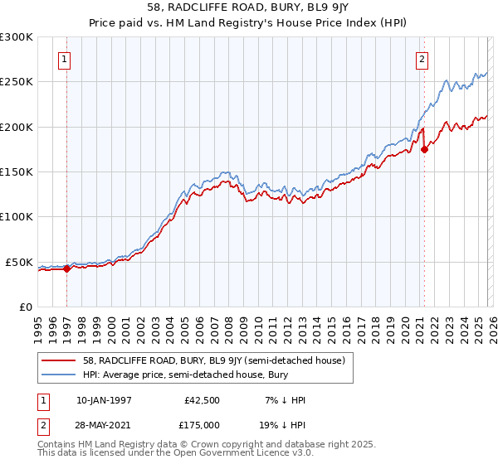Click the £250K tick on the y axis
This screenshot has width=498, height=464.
click(x=16, y=82)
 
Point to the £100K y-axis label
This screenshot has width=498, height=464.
click(x=16, y=217)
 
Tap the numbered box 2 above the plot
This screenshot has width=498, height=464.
click(x=422, y=59)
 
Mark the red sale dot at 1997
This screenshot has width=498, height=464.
click(x=66, y=268)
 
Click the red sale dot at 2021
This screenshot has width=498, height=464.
click(x=424, y=150)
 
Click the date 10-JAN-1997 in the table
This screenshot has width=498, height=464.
click(x=104, y=400)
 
